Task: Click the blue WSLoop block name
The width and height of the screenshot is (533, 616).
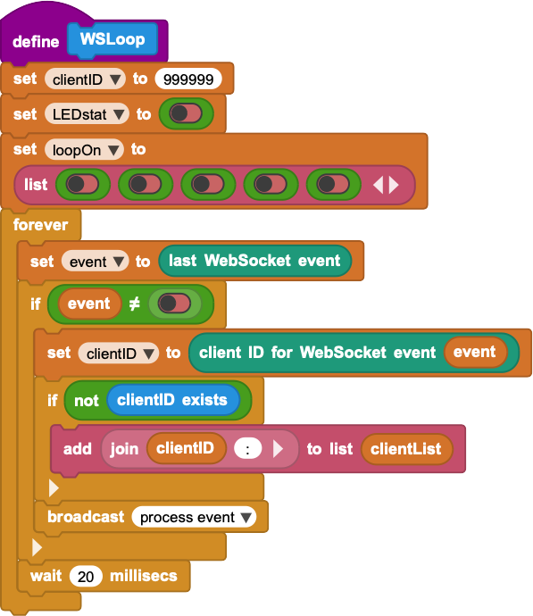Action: click(112, 39)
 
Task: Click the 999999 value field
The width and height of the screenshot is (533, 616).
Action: click(188, 79)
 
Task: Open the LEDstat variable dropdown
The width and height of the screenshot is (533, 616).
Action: click(87, 114)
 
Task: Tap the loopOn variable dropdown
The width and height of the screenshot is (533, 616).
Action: click(84, 150)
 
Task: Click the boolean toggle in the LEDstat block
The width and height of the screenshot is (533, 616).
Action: click(186, 114)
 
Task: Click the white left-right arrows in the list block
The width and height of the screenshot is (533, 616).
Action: click(386, 185)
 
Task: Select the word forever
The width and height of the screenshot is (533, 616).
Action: click(40, 225)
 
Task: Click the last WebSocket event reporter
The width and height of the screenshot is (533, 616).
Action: click(254, 261)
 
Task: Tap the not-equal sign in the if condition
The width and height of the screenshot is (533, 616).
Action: click(134, 304)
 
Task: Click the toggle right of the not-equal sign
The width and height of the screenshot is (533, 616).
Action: click(174, 304)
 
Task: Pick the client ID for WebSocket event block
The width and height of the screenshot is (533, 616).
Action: click(354, 353)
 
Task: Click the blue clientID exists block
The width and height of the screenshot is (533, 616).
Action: click(173, 400)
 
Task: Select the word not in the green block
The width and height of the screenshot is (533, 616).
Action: click(87, 401)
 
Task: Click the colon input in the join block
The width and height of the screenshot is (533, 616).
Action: click(248, 449)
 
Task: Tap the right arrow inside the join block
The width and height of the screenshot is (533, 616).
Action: click(278, 449)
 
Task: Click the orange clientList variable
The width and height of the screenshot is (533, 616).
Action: click(406, 449)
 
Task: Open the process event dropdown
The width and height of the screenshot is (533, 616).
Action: click(194, 517)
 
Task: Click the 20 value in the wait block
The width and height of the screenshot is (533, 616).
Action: click(86, 577)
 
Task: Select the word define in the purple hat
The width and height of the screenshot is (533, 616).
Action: click(36, 42)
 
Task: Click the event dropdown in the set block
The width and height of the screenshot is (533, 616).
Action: click(95, 262)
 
